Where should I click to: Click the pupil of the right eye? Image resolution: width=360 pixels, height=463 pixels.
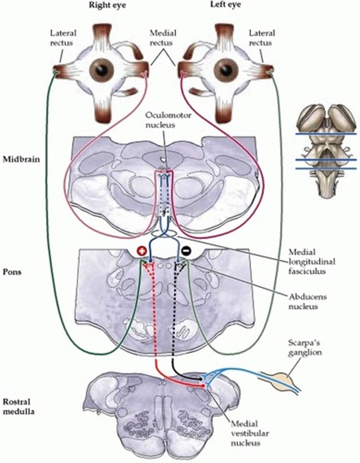(x=102, y=70)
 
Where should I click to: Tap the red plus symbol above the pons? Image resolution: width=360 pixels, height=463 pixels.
(x=141, y=251)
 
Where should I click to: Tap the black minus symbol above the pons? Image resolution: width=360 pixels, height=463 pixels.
(x=186, y=251)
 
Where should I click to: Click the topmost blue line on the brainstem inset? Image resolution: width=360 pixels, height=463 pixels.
(x=326, y=134)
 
